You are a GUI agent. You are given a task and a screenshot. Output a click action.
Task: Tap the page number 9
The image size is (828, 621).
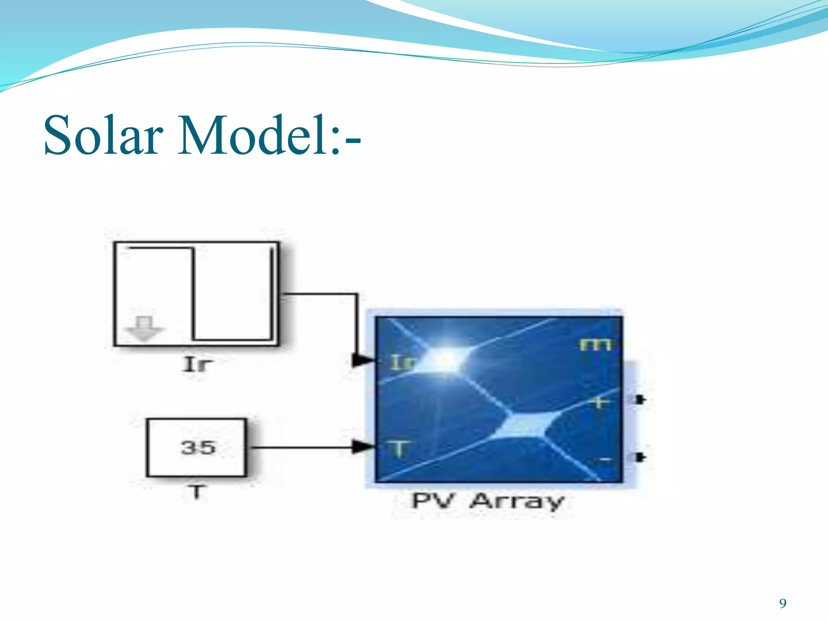coord(783,603)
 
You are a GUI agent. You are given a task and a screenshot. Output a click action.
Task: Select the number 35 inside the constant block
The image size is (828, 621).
coord(198,448)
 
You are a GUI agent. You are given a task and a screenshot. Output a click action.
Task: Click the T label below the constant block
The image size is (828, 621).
coord(197,492)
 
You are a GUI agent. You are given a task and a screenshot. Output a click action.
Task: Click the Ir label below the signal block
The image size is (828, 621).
coord(197,364)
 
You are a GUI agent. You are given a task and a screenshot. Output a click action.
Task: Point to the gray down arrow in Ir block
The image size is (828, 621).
coord(144,329)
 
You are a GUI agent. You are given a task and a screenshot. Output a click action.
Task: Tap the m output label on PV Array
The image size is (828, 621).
coord(595,344)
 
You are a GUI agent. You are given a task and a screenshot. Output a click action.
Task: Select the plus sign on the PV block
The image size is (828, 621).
coord(600,402)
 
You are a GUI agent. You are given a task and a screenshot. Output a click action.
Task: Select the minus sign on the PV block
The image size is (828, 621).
coord(605,460)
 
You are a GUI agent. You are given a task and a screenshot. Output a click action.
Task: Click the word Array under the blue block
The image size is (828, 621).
coord(517,501)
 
